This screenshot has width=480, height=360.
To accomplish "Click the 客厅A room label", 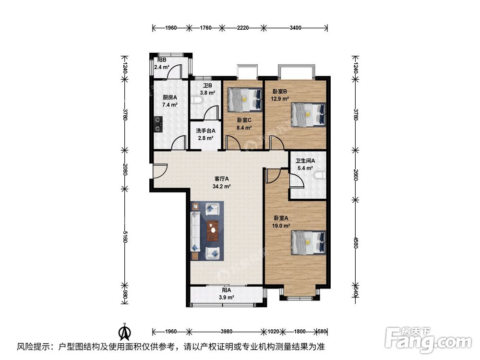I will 222,179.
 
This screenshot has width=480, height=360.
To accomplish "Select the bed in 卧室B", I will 308,115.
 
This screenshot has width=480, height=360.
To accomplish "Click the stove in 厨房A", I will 158,124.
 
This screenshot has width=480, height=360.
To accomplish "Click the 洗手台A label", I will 205,131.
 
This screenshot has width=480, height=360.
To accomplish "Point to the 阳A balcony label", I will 226,290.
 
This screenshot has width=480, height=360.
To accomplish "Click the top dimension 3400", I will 295,28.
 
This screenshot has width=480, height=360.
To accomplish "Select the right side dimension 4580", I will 356,241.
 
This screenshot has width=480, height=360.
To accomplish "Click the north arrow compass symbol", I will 125,331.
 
